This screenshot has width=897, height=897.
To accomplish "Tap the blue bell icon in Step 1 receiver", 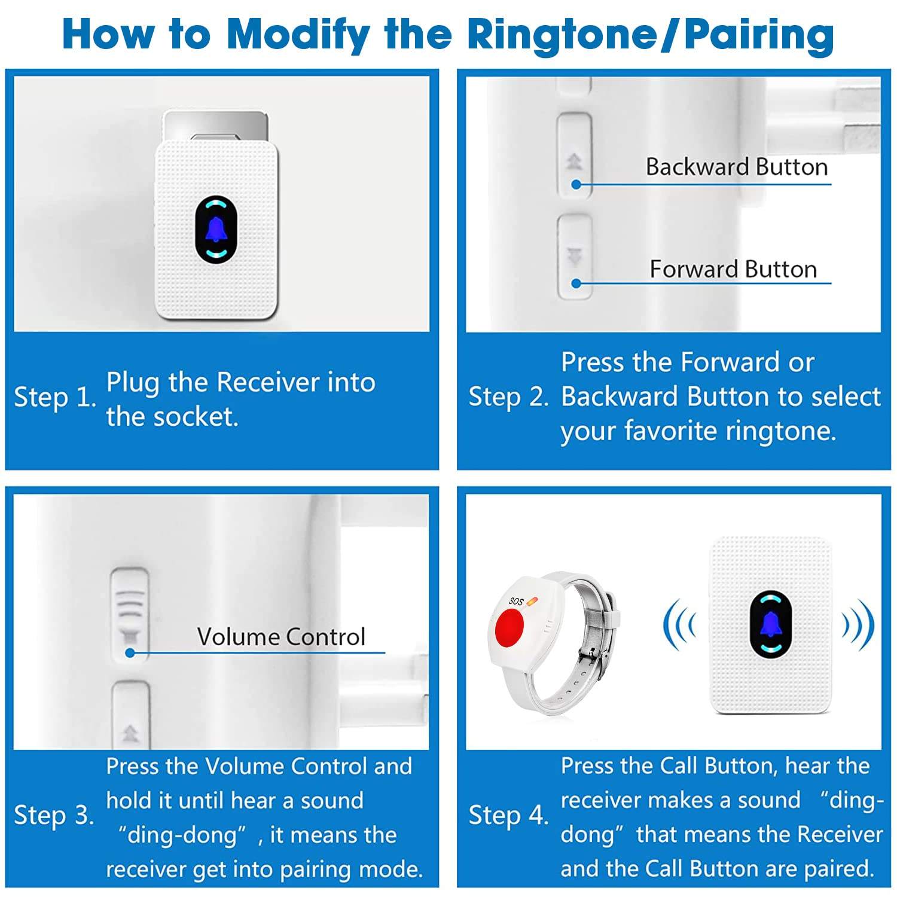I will (216, 230).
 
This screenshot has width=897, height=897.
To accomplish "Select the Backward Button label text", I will (736, 167).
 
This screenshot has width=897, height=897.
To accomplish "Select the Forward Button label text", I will (733, 269).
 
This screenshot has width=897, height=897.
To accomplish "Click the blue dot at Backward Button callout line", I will (576, 185).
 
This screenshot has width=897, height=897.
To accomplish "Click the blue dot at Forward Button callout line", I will (576, 283).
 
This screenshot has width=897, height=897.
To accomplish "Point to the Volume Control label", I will (281, 637).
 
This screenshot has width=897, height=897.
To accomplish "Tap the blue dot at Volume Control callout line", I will (130, 653).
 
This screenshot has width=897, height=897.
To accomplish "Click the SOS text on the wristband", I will (515, 601).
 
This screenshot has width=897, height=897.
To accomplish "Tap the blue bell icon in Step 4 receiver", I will (771, 624).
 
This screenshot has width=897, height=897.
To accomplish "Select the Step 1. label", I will (54, 398).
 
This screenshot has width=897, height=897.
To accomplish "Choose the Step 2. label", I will (508, 397).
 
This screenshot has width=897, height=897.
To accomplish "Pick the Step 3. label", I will (54, 816).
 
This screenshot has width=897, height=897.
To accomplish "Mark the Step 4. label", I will (508, 816).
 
